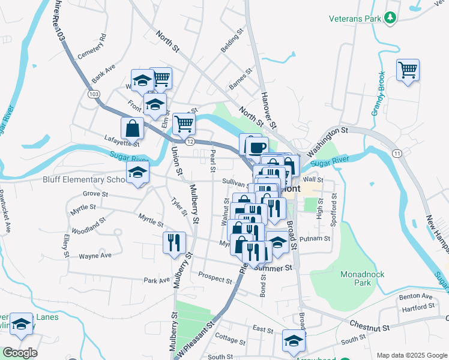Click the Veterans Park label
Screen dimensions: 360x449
(355, 19)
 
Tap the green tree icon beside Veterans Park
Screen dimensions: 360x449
(391, 18)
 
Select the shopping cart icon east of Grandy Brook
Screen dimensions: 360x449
(408, 70)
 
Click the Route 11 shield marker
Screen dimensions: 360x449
(397, 154)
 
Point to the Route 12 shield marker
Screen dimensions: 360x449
(190, 141)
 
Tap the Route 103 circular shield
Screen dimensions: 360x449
(93, 95)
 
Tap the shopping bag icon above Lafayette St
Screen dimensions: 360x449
(132, 128)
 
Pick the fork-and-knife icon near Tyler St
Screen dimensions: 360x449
(174, 242)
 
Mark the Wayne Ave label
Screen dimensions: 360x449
(95, 256)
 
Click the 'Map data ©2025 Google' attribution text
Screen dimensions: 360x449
(412, 355)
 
